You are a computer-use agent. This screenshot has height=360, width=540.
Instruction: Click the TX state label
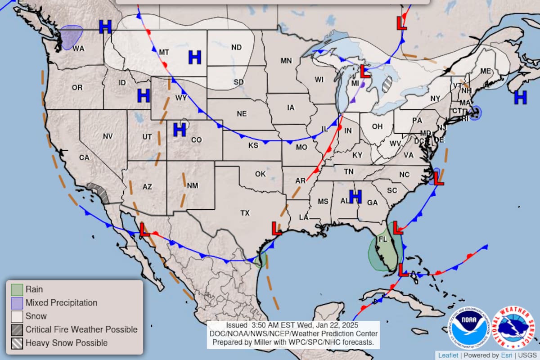[x=245, y=213]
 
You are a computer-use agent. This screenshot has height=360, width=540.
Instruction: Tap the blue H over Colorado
[x=180, y=130]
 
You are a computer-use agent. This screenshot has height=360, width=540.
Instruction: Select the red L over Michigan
[x=365, y=70]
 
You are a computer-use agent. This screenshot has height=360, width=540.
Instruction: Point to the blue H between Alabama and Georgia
[x=355, y=196]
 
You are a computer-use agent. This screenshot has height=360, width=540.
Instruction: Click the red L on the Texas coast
[x=277, y=228]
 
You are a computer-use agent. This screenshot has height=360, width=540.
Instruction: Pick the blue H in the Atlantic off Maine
[x=520, y=97]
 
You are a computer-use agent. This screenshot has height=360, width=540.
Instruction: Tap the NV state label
[x=108, y=136]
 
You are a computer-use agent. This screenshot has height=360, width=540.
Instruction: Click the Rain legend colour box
[x=17, y=289]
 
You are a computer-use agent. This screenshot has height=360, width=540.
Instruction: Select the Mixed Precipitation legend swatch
[x=17, y=303]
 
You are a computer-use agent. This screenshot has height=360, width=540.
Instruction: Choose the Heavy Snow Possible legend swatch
[x=17, y=343]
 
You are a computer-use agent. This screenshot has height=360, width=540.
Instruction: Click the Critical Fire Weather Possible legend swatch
[x=17, y=329]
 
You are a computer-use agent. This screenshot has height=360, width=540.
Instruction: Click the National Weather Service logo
[x=514, y=328]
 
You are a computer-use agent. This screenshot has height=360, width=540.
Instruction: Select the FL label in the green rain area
[x=383, y=239]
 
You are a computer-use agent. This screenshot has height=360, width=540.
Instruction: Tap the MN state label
[x=286, y=61]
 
